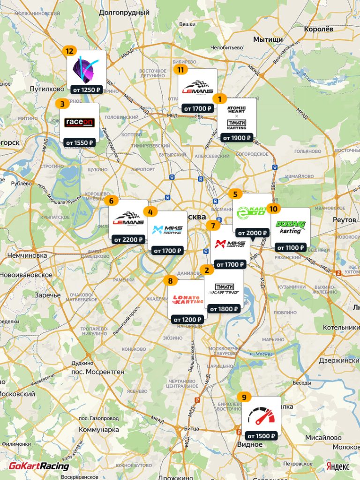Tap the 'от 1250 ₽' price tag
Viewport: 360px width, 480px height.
tap(85, 90)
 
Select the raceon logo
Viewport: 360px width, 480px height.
tap(80, 122)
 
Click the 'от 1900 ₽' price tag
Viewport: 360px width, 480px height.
tap(237, 138)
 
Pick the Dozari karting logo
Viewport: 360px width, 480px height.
tap(290, 227)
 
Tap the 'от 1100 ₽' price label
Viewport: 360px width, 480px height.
tap(290, 247)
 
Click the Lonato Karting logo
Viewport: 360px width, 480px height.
tap(187, 300)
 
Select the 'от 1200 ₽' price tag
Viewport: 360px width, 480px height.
tap(187, 320)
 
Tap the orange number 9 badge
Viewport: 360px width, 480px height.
tap(244, 397)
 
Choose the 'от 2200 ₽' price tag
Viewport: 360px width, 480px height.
tap(128, 240)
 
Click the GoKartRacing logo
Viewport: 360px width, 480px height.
tap(39, 466)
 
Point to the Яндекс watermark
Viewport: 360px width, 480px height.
tap(337, 466)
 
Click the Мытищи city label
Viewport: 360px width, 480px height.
tap(268, 39)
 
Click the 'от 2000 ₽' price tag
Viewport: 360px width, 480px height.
tap(252, 233)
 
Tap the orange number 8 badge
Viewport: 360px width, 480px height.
tap(170, 281)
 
